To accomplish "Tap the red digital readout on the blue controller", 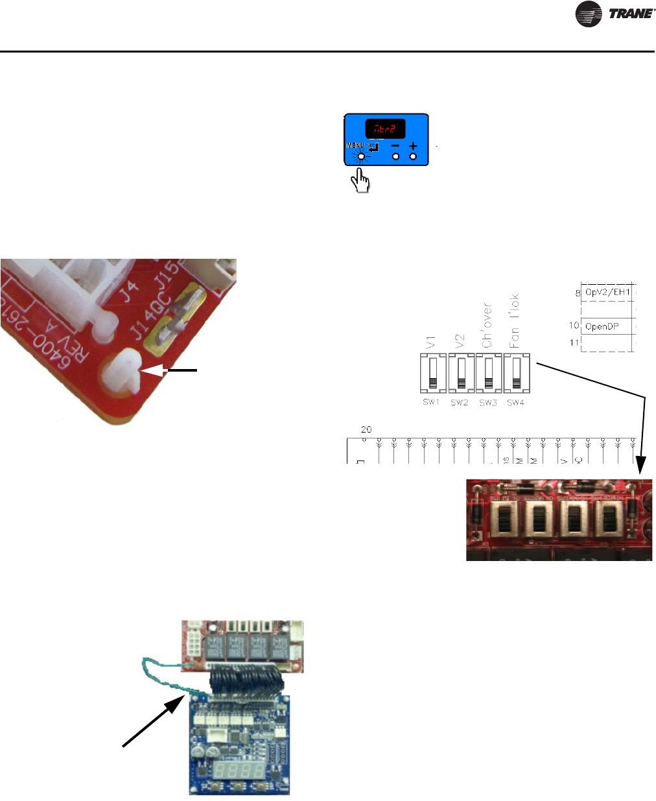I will (x=385, y=128).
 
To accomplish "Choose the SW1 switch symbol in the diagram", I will (x=432, y=375).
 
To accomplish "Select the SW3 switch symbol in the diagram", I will (x=488, y=375).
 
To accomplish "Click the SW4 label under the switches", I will (x=516, y=403).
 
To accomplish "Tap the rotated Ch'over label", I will (x=487, y=326).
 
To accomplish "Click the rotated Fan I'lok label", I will (x=515, y=321).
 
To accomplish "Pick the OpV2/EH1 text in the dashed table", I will (x=607, y=293).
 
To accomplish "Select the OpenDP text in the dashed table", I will (x=602, y=326).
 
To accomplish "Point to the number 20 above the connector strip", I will (x=366, y=429).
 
